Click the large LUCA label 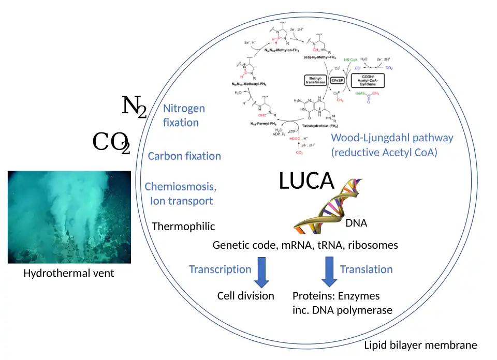click(307, 182)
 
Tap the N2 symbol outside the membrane click(134, 107)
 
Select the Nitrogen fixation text click(183, 115)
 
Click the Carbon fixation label click(184, 156)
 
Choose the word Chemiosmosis click(180, 187)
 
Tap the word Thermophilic click(183, 227)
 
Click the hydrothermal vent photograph click(69, 217)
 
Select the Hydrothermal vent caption click(68, 273)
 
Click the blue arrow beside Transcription click(262, 273)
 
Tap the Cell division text click(245, 296)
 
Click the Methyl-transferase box click(315, 80)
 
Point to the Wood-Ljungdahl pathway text click(391, 138)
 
